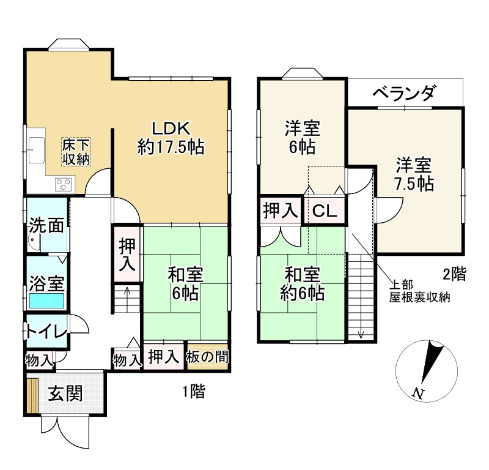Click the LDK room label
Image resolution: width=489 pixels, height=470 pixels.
pos(171,138)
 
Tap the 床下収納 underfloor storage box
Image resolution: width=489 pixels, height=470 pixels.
pos(76,152)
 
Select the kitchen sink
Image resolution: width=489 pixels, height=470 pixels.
pos(37,150)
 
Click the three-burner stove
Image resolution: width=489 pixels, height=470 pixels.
pos(65,184)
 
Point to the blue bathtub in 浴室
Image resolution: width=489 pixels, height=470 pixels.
pos(47,300)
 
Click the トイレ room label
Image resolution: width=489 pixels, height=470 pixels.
pos(47,332)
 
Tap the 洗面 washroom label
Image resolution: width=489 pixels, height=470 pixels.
pos(46,225)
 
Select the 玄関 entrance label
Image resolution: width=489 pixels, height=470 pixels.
pos(65,393)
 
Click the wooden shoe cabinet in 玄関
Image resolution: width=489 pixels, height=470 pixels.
pos(32,395)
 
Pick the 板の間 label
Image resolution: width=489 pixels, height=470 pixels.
pos(207,357)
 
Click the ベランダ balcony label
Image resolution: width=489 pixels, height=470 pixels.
pos(403,93)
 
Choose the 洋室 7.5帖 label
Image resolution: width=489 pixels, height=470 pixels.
pos(414,174)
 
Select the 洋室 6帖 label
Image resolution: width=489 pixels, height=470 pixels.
pos(302,138)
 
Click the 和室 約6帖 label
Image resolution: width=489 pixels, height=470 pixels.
pos(302,283)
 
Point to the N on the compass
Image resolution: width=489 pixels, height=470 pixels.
pos(418,394)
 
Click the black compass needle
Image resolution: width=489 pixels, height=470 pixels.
pos(432,362)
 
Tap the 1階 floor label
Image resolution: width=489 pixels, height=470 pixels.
pos(194,391)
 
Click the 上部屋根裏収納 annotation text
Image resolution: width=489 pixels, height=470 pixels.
pos(419,291)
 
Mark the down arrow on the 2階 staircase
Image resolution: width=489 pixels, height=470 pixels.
pos(361,334)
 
